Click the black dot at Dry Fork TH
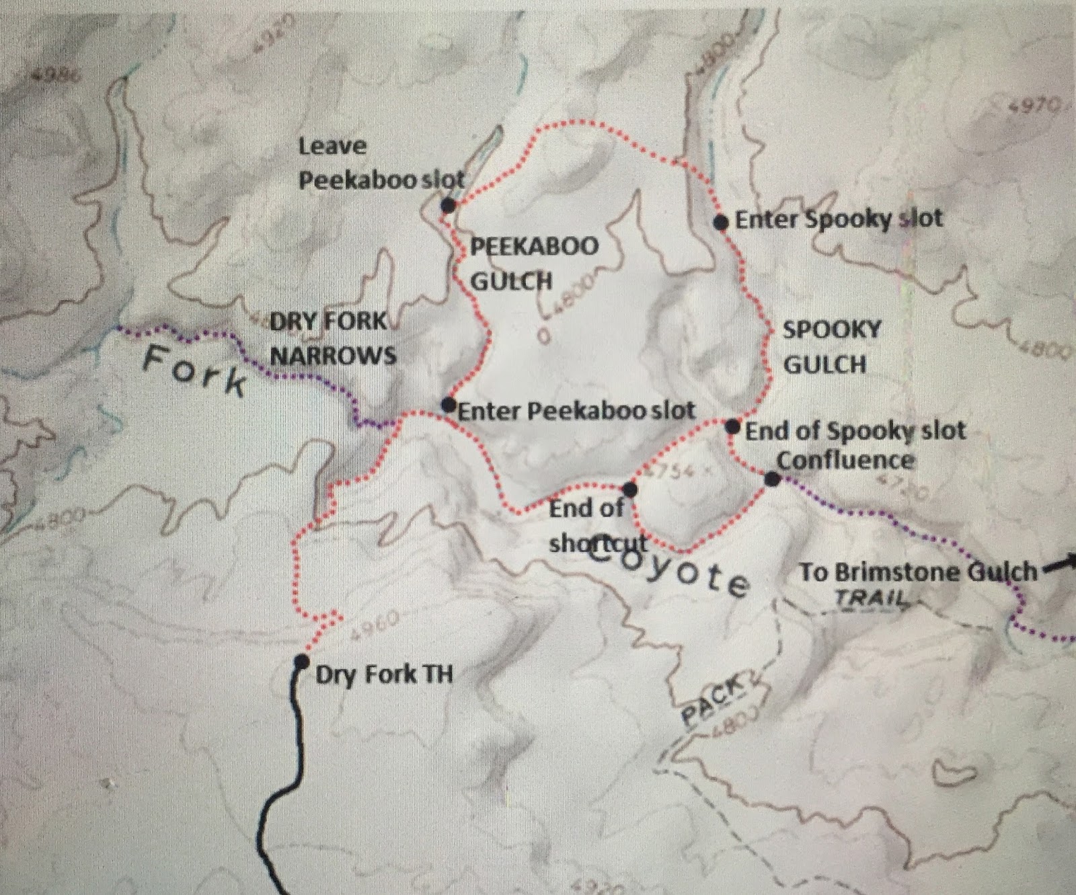[x=301, y=662]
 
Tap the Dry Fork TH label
[x=384, y=674]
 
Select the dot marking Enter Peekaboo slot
[x=449, y=405]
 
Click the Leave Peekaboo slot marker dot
[x=449, y=206]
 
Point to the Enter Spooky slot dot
[x=720, y=222]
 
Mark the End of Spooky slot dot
[x=733, y=426]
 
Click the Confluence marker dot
[x=773, y=479]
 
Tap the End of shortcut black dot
[x=630, y=489]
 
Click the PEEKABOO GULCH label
[x=534, y=263]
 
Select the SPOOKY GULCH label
[x=832, y=347]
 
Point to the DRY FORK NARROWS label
[x=332, y=338]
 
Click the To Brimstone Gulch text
[x=918, y=572]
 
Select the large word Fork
[x=195, y=371]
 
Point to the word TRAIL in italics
[x=870, y=597]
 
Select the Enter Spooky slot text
[x=839, y=219]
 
